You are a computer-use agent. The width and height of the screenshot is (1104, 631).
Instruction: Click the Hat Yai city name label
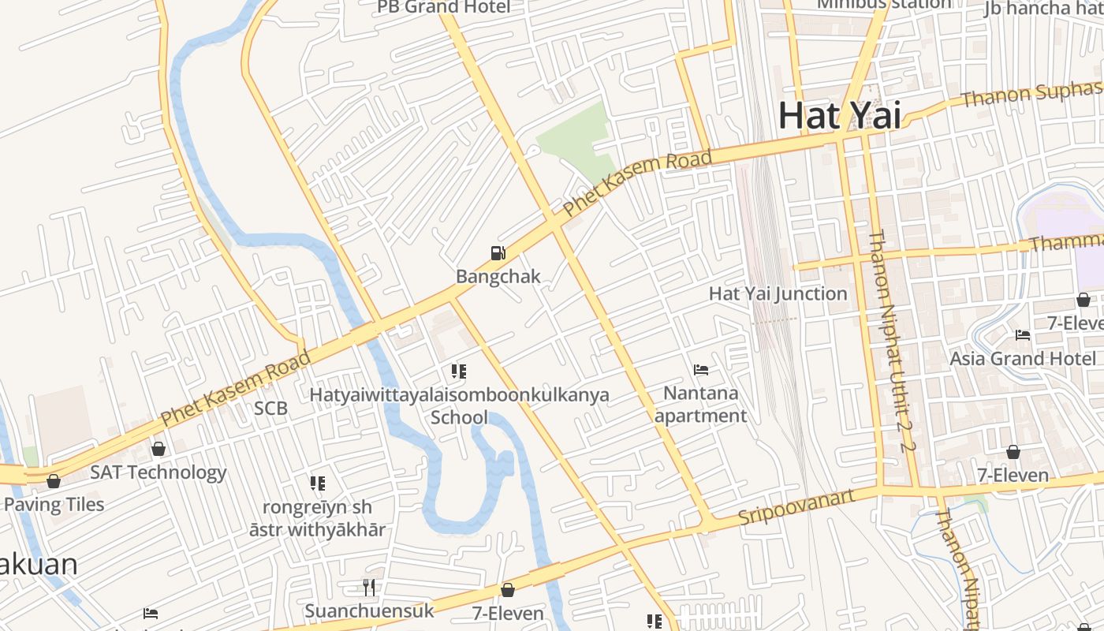click(839, 116)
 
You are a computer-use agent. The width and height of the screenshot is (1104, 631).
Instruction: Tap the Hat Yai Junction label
click(778, 293)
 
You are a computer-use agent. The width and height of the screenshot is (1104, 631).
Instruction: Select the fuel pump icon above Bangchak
click(498, 253)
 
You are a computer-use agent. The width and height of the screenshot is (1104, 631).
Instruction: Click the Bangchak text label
click(498, 276)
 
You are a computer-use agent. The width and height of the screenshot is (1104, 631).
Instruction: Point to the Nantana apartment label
click(700, 404)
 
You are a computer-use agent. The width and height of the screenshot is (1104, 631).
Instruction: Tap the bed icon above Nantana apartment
click(700, 369)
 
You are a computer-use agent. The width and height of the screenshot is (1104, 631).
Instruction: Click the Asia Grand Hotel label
click(1022, 358)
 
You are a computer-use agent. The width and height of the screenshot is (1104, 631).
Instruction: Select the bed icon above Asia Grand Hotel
click(1022, 335)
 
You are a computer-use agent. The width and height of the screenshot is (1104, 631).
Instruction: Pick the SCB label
click(270, 409)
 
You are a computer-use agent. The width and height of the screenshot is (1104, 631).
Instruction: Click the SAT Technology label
click(158, 472)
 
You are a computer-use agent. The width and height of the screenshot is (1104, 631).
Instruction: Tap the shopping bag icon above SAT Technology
click(159, 449)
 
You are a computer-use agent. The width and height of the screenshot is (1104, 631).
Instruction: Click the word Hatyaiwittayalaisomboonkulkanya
click(459, 394)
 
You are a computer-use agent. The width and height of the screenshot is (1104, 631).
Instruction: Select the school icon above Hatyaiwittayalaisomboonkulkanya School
click(458, 371)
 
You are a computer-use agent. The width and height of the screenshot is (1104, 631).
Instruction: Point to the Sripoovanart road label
click(796, 507)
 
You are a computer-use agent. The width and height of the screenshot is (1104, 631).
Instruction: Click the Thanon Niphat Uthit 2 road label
click(893, 339)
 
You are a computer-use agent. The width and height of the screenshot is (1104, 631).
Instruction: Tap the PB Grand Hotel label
click(443, 7)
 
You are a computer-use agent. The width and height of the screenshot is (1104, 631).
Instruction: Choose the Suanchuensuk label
click(369, 610)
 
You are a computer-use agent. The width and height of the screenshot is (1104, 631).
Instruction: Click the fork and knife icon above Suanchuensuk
click(368, 587)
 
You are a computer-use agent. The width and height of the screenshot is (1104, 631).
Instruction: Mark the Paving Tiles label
click(54, 504)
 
